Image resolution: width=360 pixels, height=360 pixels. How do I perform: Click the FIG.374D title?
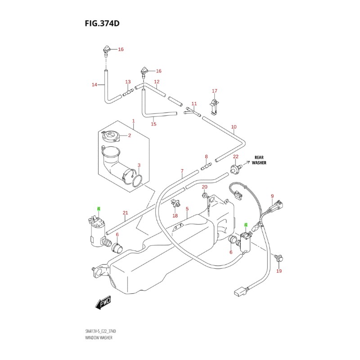[x=102, y=23]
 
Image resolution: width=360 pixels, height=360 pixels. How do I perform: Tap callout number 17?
[x=215, y=90]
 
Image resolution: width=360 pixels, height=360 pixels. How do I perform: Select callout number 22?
[x=235, y=157]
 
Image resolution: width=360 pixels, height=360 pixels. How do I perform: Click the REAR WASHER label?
[x=259, y=160]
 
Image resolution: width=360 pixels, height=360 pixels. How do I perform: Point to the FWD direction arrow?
[x=103, y=305]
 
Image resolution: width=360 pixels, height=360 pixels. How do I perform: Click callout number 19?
[x=279, y=271]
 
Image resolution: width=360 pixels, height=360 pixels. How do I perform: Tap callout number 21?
[x=125, y=213]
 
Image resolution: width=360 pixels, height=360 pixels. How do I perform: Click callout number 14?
[x=94, y=85]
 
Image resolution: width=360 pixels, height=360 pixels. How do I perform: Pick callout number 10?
[x=234, y=127]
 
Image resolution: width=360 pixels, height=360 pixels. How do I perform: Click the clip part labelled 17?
[x=215, y=105]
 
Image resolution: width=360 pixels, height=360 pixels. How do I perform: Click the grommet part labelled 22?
[x=234, y=169]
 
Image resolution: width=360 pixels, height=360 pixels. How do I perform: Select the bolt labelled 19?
[x=279, y=258]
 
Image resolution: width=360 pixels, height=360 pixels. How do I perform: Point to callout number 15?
[x=153, y=124]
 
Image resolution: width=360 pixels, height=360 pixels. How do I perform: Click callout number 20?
[x=204, y=187]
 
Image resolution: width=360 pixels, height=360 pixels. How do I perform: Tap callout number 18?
[x=175, y=216]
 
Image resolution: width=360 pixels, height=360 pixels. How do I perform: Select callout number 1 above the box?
[x=134, y=121]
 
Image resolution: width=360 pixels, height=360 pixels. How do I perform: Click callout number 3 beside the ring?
[x=139, y=165]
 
